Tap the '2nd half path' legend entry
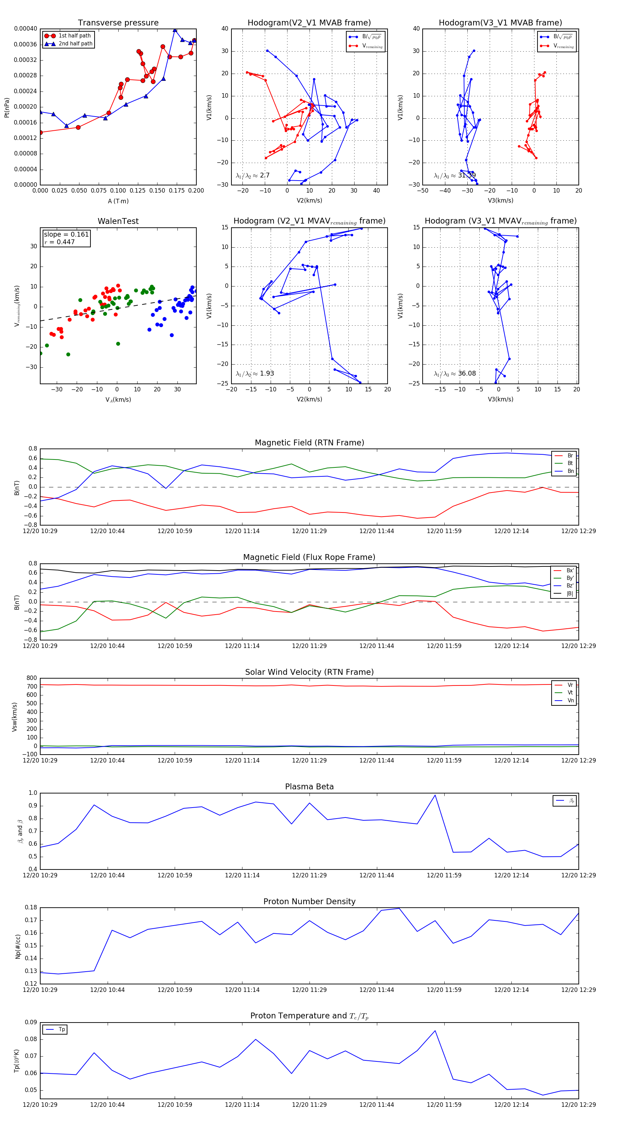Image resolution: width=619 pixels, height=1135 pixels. click(75, 44)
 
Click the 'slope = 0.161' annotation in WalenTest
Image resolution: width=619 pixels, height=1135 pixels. click(66, 235)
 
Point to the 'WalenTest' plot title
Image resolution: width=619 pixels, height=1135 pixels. click(118, 221)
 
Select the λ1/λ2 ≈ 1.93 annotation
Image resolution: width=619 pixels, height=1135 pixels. click(254, 374)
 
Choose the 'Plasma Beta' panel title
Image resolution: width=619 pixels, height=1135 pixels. click(309, 787)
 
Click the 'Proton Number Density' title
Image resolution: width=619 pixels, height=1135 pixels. click(309, 901)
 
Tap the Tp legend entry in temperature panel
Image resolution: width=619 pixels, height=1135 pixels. click(61, 1029)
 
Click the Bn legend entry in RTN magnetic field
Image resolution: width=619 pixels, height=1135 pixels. click(570, 471)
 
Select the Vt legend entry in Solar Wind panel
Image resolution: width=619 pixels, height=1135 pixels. click(570, 693)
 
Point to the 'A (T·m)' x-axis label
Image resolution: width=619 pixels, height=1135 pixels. click(118, 201)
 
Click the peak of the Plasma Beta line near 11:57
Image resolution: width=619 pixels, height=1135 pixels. click(435, 795)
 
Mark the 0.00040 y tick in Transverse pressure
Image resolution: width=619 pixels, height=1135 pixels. click(25, 29)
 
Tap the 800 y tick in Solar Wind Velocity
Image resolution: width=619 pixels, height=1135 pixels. click(31, 678)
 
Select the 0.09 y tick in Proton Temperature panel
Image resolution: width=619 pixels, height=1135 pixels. click(31, 1022)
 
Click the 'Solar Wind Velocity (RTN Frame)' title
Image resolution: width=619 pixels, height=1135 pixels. click(309, 672)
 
